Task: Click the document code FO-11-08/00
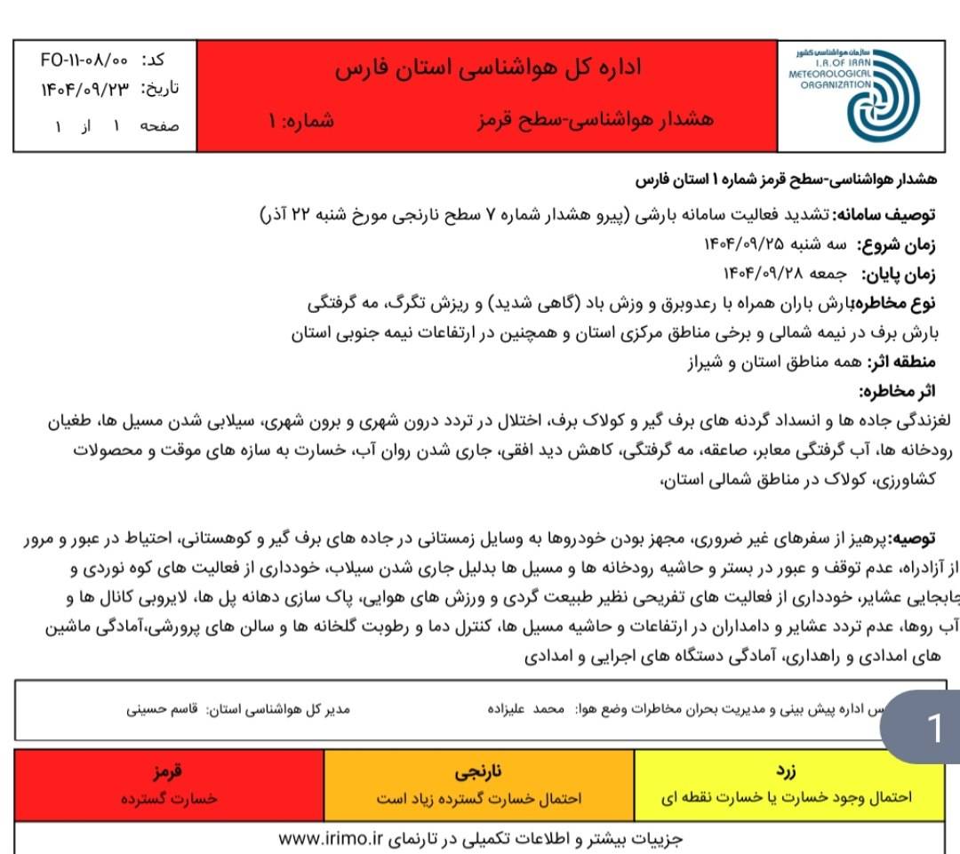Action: (x=85, y=60)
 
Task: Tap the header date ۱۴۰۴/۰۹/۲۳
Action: (x=85, y=89)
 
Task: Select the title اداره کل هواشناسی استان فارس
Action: (x=488, y=69)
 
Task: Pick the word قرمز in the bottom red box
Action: (x=168, y=770)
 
